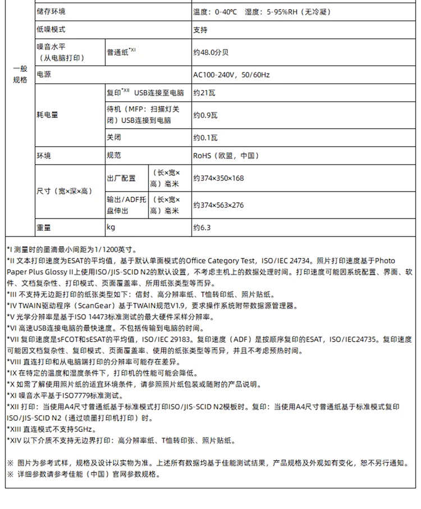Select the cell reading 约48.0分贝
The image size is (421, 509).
click(210, 52)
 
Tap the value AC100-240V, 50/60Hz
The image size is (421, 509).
click(231, 75)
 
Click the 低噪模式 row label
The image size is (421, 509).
click(51, 29)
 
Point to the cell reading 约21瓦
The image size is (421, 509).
click(205, 92)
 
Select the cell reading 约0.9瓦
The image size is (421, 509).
click(206, 115)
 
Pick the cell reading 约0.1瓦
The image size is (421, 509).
click(205, 137)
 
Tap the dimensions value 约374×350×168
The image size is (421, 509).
click(218, 178)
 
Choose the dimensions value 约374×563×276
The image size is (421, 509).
click(218, 205)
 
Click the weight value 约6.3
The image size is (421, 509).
click(202, 228)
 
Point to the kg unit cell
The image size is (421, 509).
click(111, 228)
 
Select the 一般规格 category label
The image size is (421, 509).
click(20, 74)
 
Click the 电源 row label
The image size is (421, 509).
click(43, 74)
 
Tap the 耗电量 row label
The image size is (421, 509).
click(47, 115)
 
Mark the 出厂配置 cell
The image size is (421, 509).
click(121, 178)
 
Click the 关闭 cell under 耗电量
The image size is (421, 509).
click(113, 137)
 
